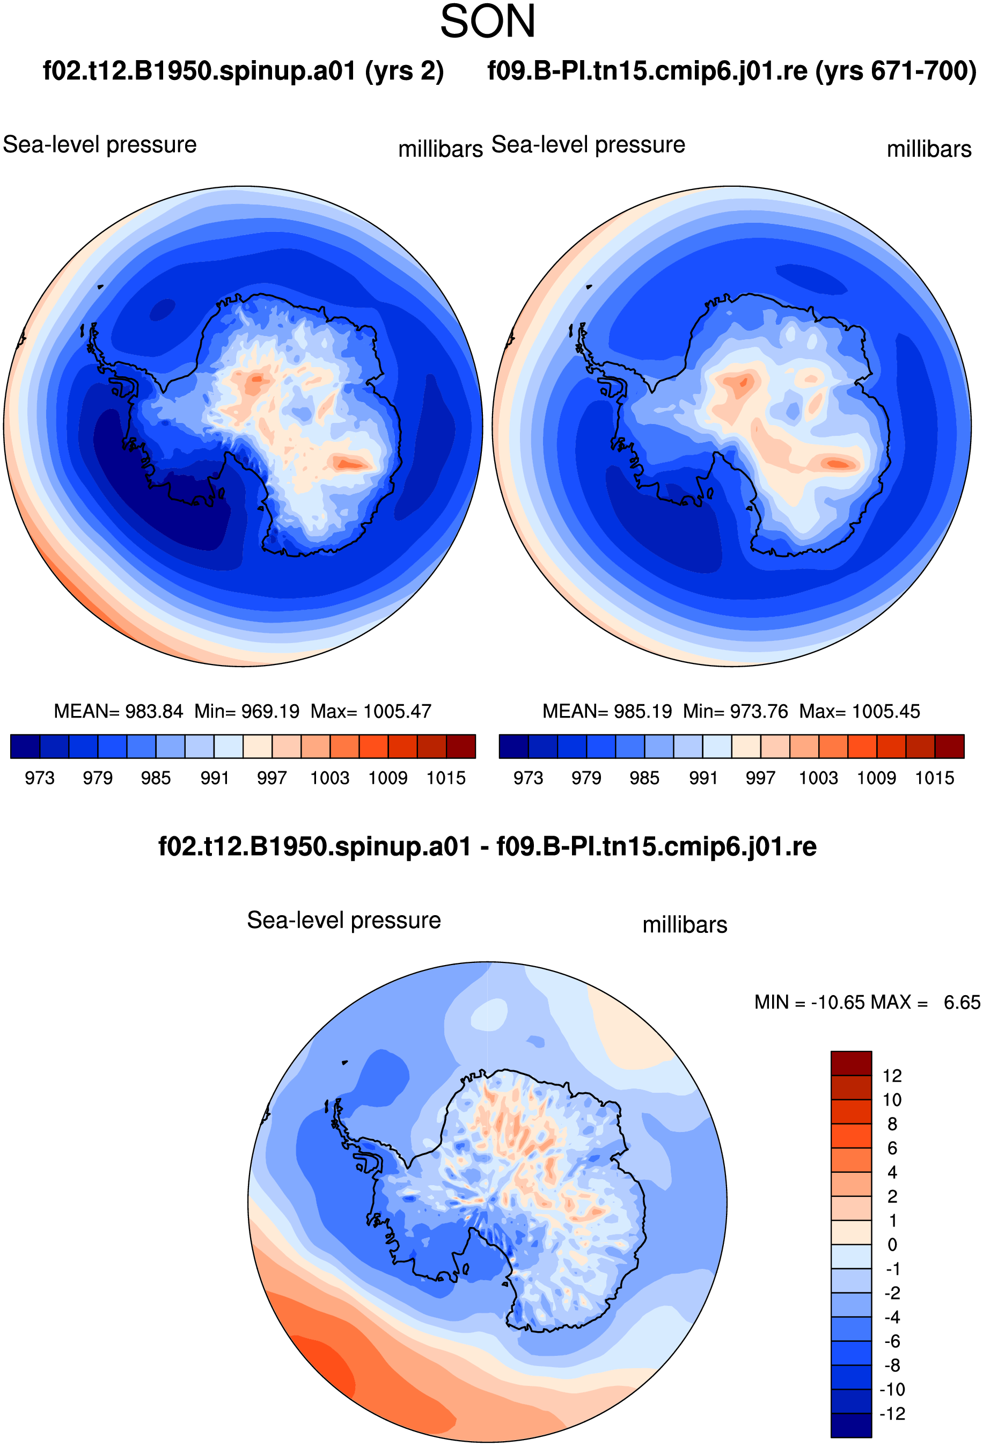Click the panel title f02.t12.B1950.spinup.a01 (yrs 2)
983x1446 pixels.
tap(243, 71)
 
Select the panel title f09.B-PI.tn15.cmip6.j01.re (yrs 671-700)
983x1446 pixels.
tap(732, 71)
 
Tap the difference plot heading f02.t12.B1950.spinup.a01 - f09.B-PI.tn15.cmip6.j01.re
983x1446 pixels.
tap(487, 847)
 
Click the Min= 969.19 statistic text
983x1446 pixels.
tap(247, 711)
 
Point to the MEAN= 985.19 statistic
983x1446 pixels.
tap(607, 711)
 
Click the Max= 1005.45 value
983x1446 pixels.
tap(859, 711)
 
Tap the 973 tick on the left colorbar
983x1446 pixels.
tap(40, 778)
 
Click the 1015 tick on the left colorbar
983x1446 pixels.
tap(446, 778)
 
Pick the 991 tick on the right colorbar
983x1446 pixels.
tap(703, 778)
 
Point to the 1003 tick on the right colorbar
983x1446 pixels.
tap(818, 778)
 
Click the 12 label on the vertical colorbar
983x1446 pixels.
tap(892, 1076)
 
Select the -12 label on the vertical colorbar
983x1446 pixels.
tap(892, 1414)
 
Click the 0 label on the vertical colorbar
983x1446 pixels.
tap(892, 1245)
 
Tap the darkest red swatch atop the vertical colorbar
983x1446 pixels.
tap(851, 1063)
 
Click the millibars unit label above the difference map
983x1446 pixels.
tap(684, 925)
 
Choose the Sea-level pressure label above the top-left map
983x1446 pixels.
tap(100, 145)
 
